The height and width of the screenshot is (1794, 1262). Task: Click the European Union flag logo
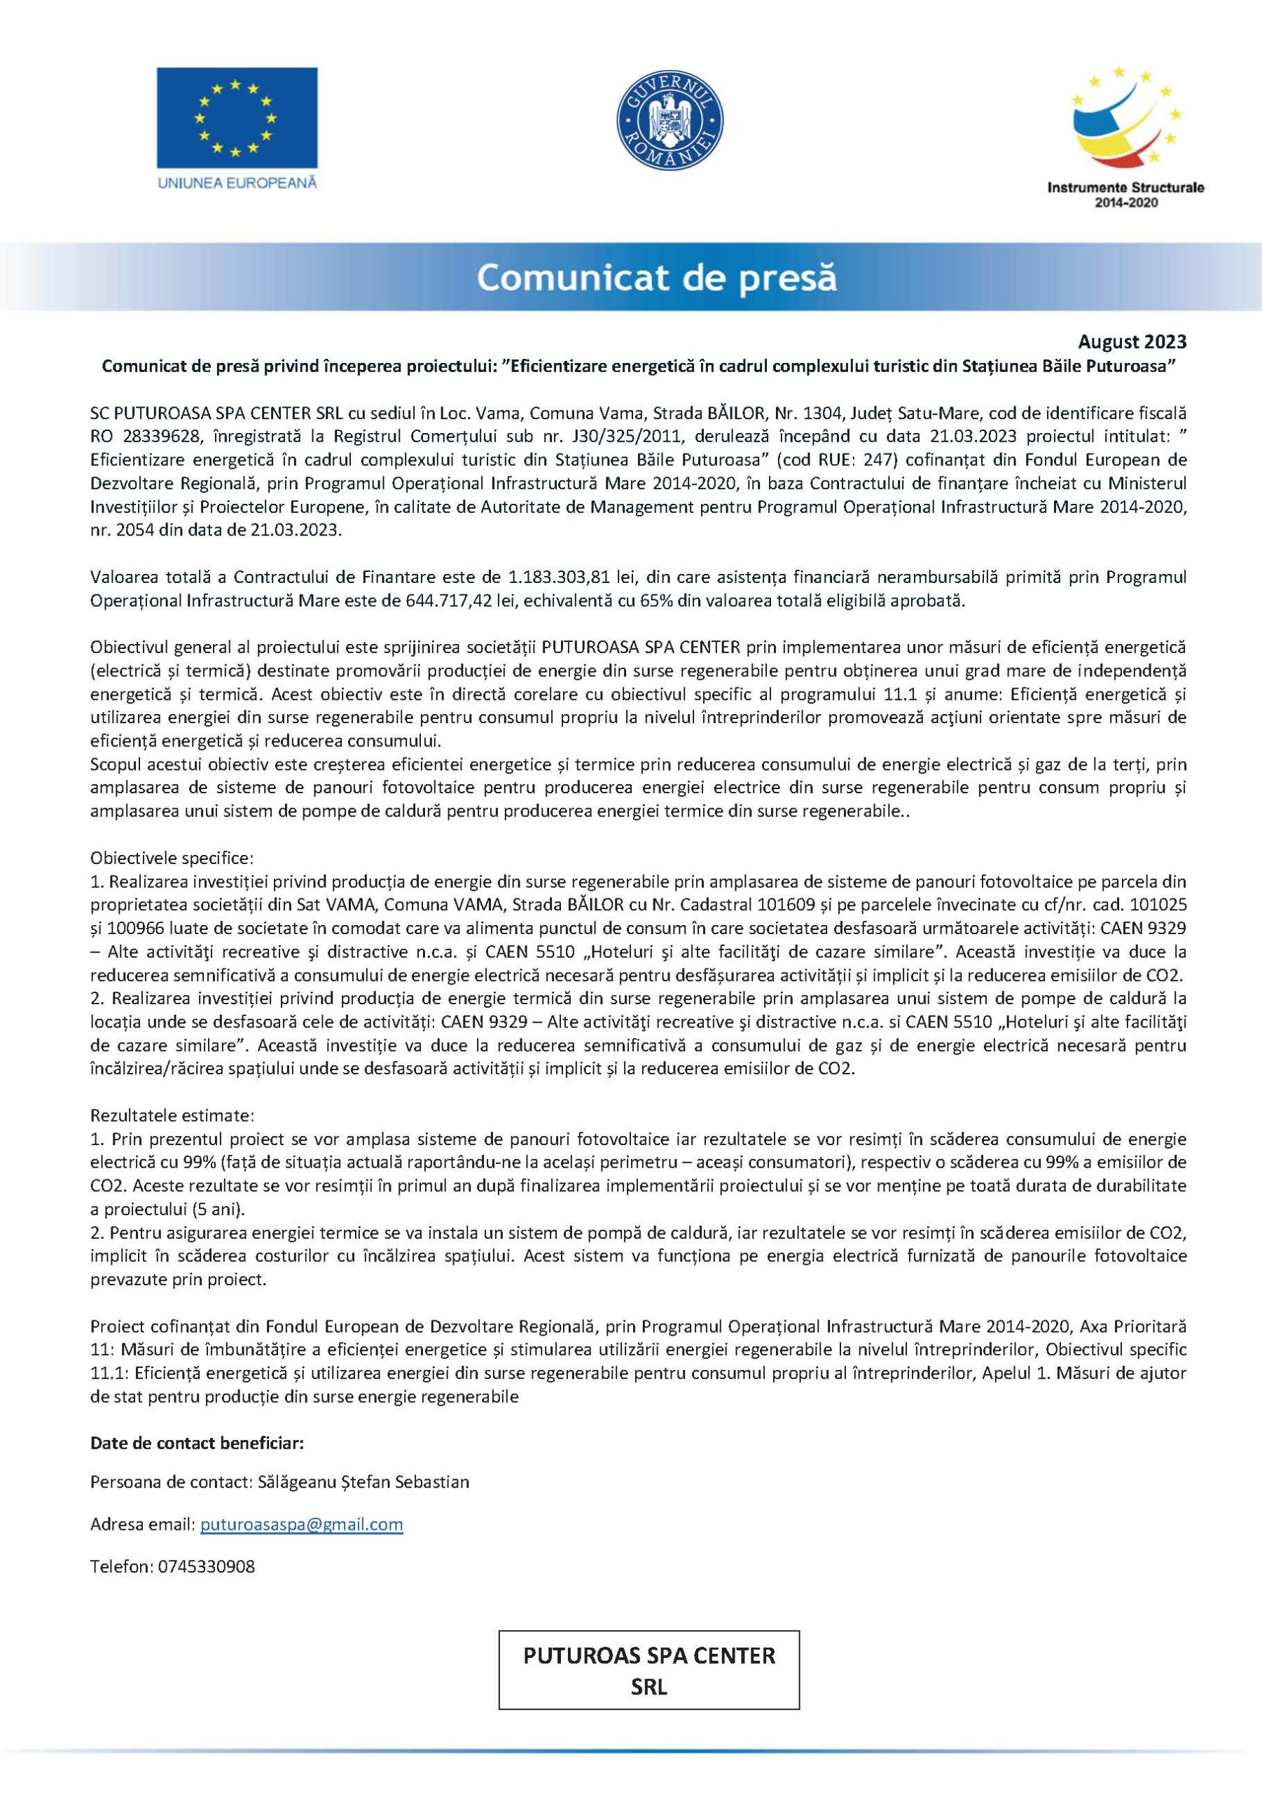(237, 117)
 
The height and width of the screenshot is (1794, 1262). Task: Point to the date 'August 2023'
(1132, 341)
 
